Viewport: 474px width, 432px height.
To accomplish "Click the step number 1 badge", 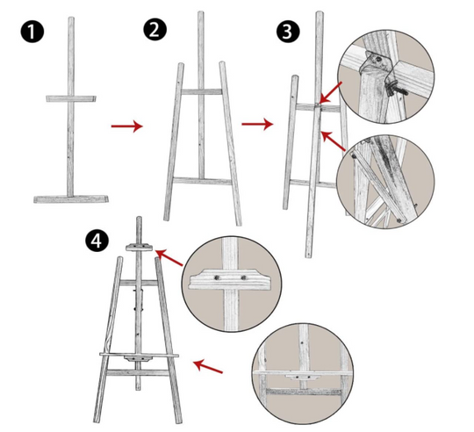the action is [32, 32].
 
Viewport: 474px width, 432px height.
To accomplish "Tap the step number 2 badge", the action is [154, 29].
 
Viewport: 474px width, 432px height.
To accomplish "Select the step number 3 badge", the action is [288, 32].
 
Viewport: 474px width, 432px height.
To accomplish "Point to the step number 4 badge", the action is [97, 241].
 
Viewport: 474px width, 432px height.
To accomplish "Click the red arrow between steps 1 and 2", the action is [126, 126].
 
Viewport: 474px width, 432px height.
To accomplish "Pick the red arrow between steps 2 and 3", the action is [257, 124].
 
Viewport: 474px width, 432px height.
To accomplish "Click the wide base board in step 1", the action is [71, 199].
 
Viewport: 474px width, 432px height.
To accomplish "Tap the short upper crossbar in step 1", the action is [71, 98].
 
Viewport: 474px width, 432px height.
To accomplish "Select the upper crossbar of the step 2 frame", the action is [202, 91].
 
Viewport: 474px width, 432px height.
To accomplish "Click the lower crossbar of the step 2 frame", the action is [202, 181].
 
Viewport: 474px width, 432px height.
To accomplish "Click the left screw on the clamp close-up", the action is [217, 277].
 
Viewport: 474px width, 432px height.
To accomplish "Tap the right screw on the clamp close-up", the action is [244, 277].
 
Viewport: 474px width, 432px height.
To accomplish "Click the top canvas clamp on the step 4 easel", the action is [139, 247].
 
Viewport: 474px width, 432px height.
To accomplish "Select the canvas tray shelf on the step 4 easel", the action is [139, 355].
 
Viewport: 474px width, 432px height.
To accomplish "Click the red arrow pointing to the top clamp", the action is [169, 257].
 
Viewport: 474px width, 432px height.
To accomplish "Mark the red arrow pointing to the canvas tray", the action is [208, 366].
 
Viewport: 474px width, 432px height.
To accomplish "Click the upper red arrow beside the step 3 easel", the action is [331, 92].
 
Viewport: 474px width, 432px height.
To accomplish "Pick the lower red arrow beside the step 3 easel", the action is [334, 140].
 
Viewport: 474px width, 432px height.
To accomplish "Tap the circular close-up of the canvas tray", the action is [303, 374].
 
